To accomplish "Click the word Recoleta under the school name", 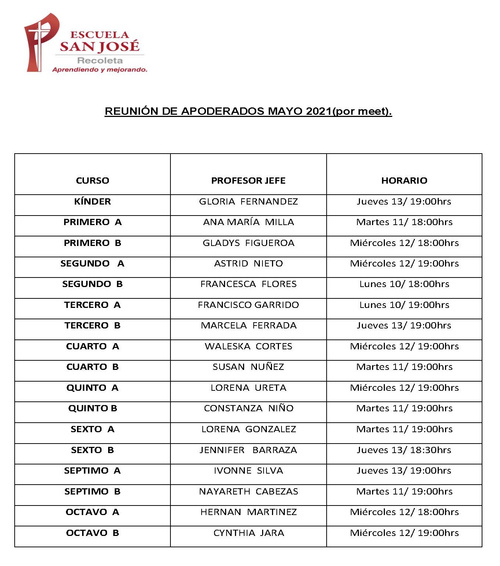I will tap(100, 60).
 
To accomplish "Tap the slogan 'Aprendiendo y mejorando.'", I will tap(100, 70).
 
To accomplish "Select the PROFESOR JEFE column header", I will tap(248, 180).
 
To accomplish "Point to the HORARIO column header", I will tap(404, 180).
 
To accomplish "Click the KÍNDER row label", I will tap(92, 201).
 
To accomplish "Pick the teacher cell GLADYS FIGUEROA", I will tap(248, 243).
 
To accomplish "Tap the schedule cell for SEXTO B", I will tap(404, 450).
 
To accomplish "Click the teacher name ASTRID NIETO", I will tap(248, 263).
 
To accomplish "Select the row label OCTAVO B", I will tap(92, 533).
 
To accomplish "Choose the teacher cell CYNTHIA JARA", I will tap(248, 533).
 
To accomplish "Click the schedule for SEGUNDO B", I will tap(404, 284).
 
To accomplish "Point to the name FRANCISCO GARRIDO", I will tap(248, 305).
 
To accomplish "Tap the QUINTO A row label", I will tap(92, 387).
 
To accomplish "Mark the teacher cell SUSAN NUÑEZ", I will tap(248, 367).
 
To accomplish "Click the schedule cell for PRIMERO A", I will tap(404, 222).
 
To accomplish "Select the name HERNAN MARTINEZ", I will tap(248, 512).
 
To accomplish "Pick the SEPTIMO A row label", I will tap(92, 470).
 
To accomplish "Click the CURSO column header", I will tap(92, 180).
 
